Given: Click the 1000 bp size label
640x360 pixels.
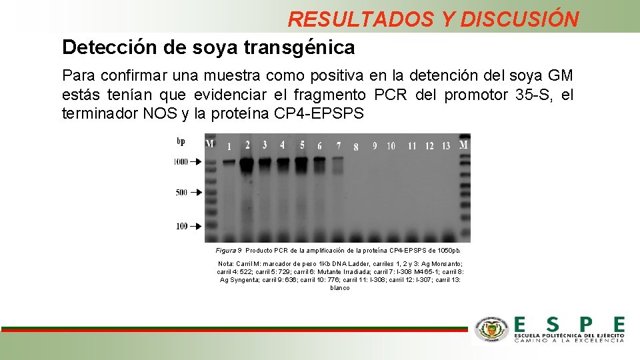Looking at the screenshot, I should [x=180, y=162].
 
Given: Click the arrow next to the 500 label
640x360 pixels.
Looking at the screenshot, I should [x=195, y=193].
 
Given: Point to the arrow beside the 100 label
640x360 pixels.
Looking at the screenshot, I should [x=195, y=226].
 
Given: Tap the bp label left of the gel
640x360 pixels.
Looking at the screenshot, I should [x=181, y=141].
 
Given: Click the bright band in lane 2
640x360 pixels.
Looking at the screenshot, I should [x=247, y=163].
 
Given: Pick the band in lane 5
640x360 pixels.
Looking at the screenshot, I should [x=301, y=162].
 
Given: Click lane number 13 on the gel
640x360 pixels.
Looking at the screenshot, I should [x=446, y=146].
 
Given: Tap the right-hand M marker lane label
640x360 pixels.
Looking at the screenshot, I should [x=464, y=144].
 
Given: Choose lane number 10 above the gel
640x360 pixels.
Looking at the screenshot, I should [x=391, y=146].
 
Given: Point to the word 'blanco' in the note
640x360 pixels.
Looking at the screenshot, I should [x=339, y=288].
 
